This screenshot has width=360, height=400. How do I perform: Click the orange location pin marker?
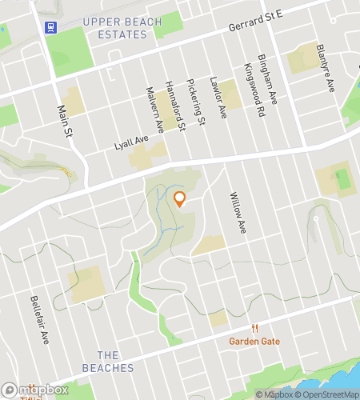(179, 199)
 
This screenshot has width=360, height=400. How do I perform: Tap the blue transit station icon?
(50, 26)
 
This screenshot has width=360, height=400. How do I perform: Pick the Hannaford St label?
(174, 106)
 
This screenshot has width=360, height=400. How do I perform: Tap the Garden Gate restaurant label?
(254, 341)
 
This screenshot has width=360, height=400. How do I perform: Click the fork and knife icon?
(254, 328)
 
